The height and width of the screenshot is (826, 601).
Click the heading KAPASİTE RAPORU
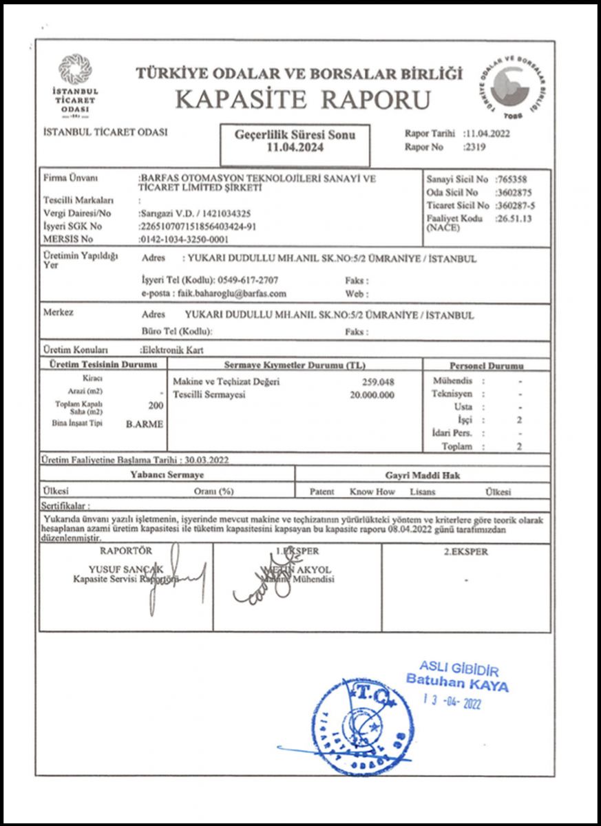303,99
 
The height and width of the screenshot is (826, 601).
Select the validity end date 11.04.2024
295,147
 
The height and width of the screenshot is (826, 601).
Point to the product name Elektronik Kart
169,350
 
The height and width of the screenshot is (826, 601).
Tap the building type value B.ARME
145,424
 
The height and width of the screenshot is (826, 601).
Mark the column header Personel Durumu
486,366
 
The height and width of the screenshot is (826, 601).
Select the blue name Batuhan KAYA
457,685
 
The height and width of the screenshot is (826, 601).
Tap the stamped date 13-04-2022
452,701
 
